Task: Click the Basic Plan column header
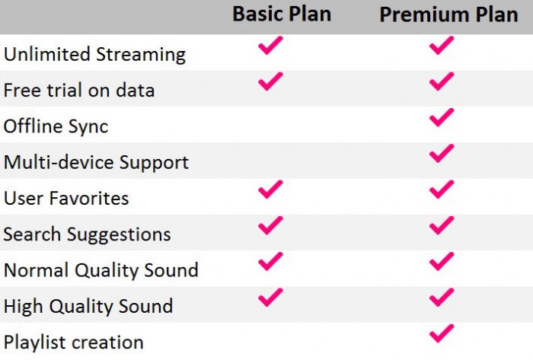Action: tap(282, 14)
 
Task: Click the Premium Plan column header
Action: tap(448, 15)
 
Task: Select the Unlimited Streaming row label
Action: tap(95, 54)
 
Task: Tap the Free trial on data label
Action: tap(79, 91)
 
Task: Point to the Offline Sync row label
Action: tap(56, 126)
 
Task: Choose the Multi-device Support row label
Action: tap(96, 162)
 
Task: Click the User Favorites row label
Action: tap(66, 199)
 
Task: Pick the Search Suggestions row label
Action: tap(87, 234)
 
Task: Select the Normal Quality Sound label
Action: tap(101, 270)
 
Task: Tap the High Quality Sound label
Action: tap(88, 306)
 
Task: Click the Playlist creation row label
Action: tap(73, 342)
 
